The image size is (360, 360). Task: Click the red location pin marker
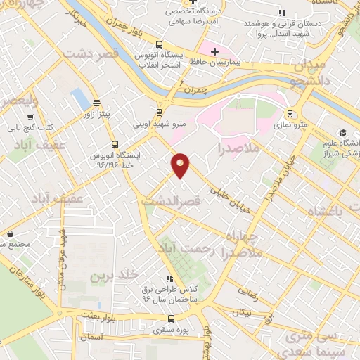181,165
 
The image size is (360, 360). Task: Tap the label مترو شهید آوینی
160,124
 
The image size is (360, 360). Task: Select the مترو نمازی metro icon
289,114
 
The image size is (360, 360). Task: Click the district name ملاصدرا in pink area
239,149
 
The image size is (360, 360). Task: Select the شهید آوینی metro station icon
160,112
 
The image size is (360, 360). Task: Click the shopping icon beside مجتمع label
10,233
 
